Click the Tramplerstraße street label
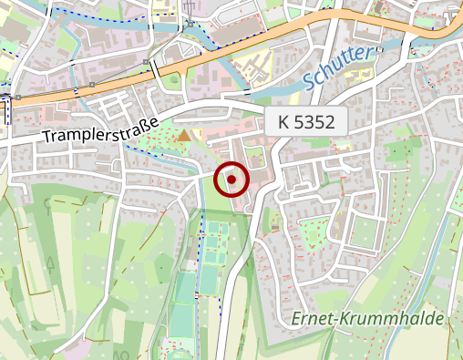101,129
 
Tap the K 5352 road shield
308,122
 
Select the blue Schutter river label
338,68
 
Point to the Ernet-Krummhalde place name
368,319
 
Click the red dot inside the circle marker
231,180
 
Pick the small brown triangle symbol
185,136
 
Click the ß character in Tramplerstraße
145,123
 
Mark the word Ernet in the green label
314,319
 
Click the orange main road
109,85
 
